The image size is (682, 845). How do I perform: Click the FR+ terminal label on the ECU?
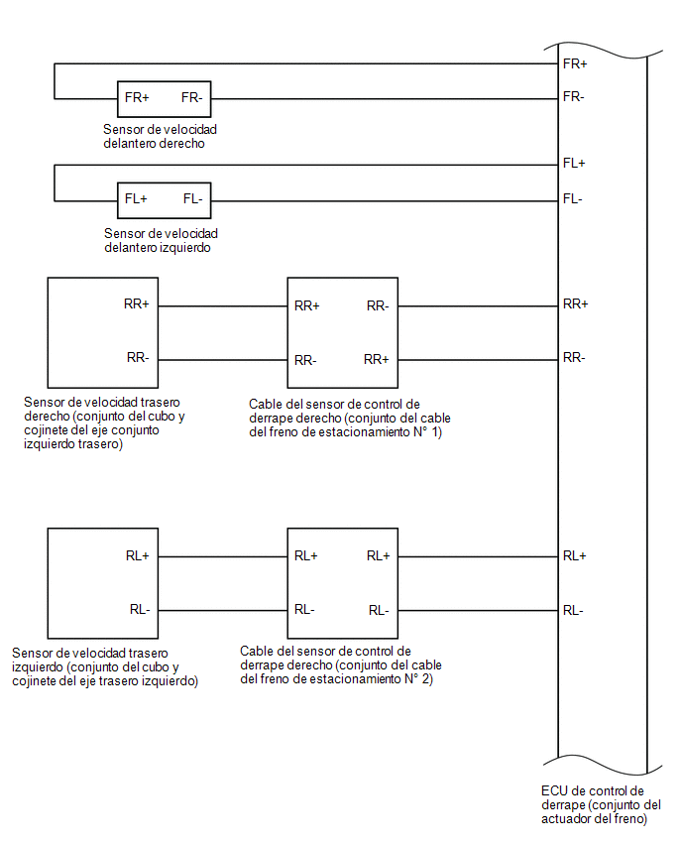(x=575, y=63)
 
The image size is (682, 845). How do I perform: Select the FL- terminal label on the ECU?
(x=572, y=199)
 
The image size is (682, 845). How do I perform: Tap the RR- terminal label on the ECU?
(x=574, y=357)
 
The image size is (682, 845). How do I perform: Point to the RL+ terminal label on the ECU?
(x=574, y=555)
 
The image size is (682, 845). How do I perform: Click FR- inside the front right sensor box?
(x=191, y=97)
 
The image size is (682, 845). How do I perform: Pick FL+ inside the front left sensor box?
(x=136, y=199)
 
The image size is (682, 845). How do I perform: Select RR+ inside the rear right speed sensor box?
(x=136, y=303)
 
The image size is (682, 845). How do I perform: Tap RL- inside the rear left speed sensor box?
(x=140, y=610)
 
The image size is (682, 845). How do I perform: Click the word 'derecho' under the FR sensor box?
(x=183, y=144)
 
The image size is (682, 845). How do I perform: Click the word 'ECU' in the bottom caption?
(x=554, y=791)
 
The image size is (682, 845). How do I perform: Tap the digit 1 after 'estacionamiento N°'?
(x=435, y=432)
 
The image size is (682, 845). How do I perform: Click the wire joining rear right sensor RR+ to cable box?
(x=223, y=306)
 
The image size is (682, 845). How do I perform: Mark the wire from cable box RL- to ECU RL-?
(x=478, y=611)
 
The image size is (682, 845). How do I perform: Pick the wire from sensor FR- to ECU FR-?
(x=385, y=98)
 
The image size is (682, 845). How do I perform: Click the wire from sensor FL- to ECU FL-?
(x=385, y=201)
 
